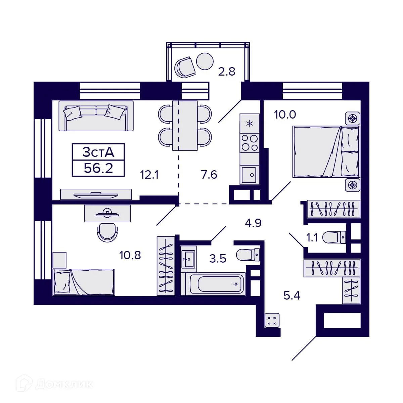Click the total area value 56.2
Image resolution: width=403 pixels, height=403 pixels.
coord(98,168)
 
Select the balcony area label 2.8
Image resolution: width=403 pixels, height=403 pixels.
coord(227,72)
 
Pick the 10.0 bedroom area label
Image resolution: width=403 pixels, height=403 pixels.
coord(285,115)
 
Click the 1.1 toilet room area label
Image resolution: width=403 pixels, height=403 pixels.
coord(312,238)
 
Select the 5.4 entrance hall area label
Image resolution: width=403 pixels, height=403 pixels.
coord(292,296)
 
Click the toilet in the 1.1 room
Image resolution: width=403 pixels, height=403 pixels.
coord(334,237)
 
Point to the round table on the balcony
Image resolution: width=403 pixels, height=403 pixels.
coord(205,61)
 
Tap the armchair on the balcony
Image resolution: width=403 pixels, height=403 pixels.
coord(185,66)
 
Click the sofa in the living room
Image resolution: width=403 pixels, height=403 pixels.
coord(96,116)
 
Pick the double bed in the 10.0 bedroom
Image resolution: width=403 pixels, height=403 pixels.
coord(325,151)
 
